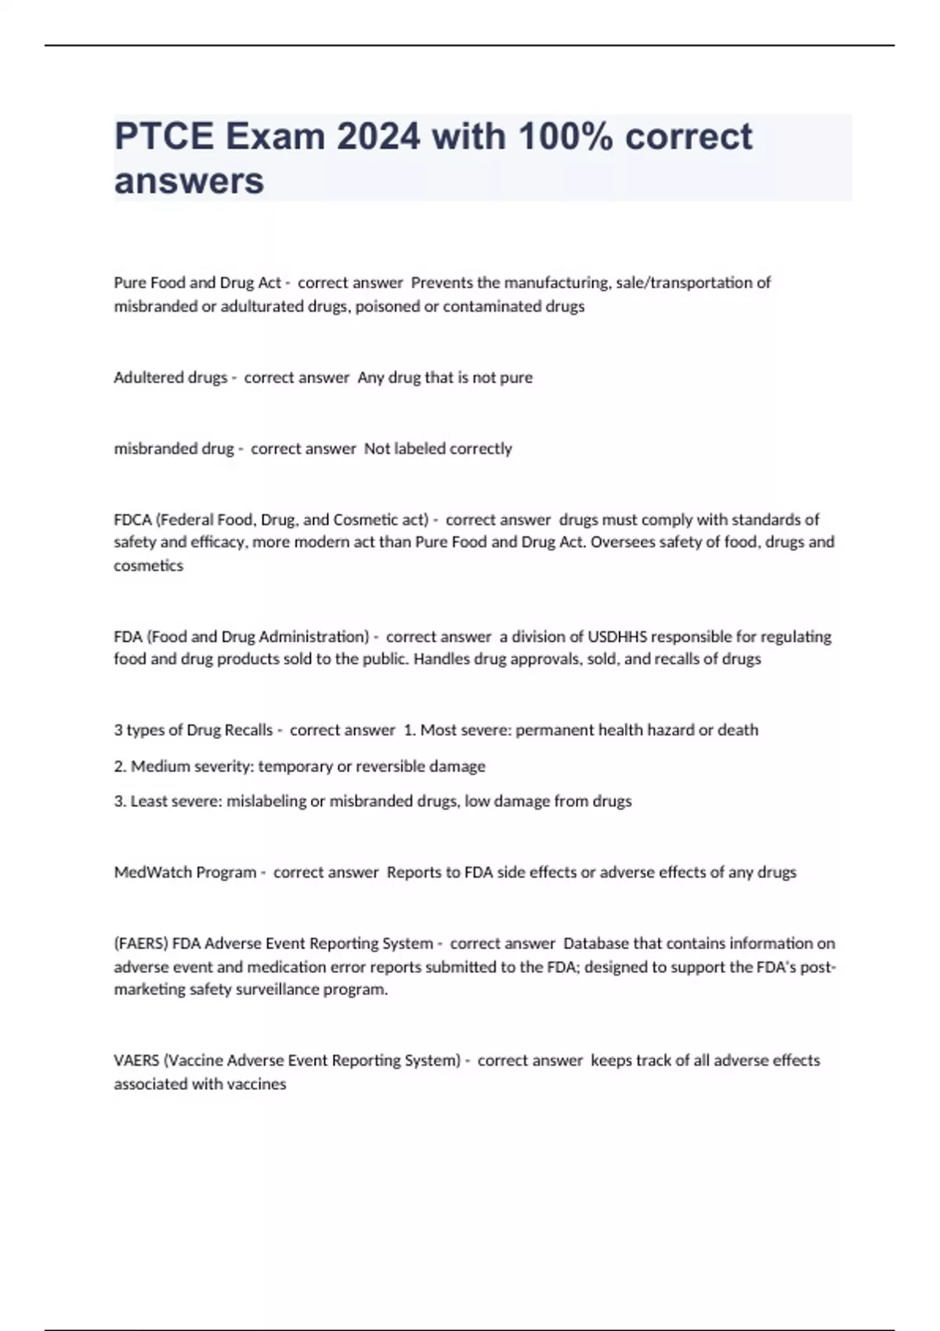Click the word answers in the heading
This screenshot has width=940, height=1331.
tap(189, 181)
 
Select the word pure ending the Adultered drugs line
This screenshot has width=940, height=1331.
tap(516, 377)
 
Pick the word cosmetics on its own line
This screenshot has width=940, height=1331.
tap(148, 565)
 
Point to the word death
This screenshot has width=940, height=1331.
tap(738, 730)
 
